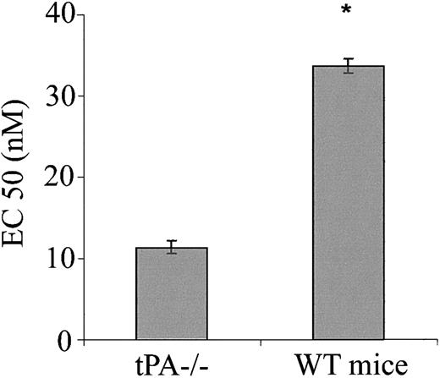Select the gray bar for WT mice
coord(349,203)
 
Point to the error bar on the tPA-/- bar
coord(172,247)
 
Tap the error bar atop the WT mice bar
coord(349,66)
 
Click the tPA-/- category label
coord(172,364)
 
